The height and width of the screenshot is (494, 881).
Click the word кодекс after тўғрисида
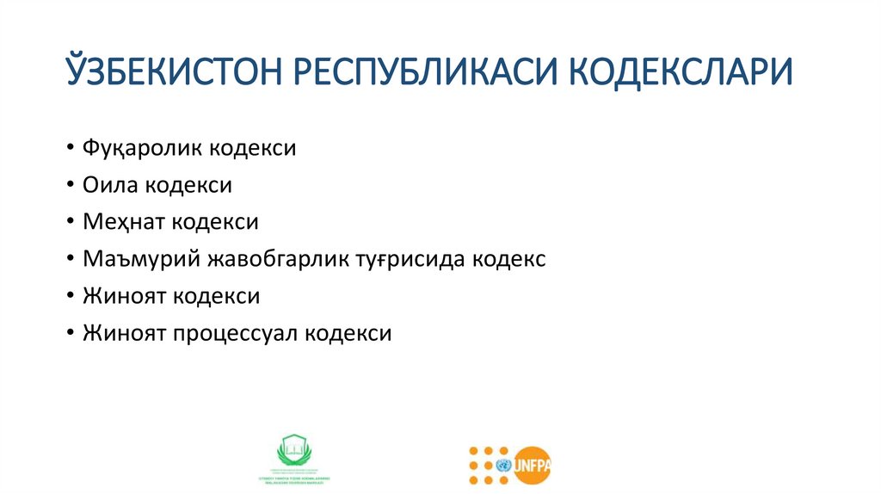coord(508,259)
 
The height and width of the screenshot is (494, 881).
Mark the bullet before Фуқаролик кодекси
coord(68,148)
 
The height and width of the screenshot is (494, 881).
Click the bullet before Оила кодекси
coord(68,185)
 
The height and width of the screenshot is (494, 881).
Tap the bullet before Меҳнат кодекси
coord(68,222)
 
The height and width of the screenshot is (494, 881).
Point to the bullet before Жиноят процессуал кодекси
coord(68,333)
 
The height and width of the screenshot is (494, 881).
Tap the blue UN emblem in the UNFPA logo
coord(502,466)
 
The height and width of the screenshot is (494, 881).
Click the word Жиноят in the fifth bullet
coord(124,296)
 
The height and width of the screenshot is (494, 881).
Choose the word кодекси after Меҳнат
coord(215,222)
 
